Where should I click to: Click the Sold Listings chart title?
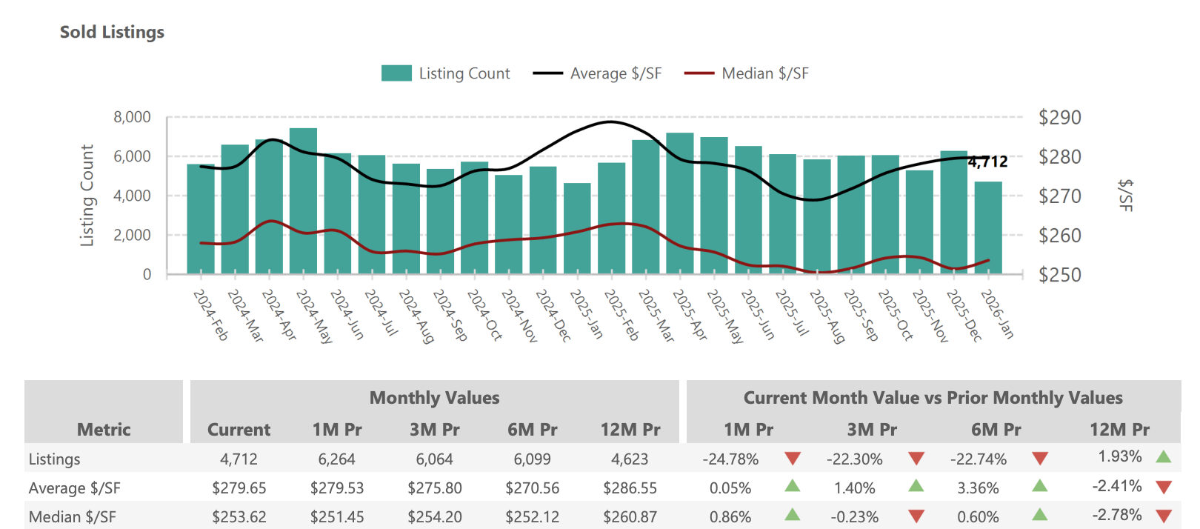pyautogui.click(x=112, y=32)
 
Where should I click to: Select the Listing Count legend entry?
pyautogui.click(x=446, y=73)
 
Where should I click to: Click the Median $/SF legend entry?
pyautogui.click(x=747, y=73)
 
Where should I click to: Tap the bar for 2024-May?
pyautogui.click(x=303, y=202)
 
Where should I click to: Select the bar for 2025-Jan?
pyautogui.click(x=577, y=229)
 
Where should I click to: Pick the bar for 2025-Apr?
pyautogui.click(x=680, y=204)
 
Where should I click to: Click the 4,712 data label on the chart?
pyautogui.click(x=988, y=162)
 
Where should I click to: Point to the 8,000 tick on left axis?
pyautogui.click(x=132, y=117)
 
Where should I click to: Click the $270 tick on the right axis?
pyautogui.click(x=1059, y=196)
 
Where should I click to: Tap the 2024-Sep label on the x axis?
pyautogui.click(x=450, y=315)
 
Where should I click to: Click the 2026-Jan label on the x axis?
pyautogui.click(x=997, y=314)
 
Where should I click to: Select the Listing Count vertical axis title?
pyautogui.click(x=87, y=196)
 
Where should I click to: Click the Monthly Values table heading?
pyautogui.click(x=434, y=398)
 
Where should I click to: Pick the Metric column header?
pyautogui.click(x=104, y=430)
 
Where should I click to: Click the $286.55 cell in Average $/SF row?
pyautogui.click(x=630, y=488)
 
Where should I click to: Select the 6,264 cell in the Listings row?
pyautogui.click(x=336, y=459)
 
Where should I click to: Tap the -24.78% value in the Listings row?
pyautogui.click(x=730, y=459)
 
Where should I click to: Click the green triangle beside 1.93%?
pyautogui.click(x=1163, y=456)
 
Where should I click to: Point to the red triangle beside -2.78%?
pyautogui.click(x=1163, y=516)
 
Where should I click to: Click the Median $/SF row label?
pyautogui.click(x=72, y=517)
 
